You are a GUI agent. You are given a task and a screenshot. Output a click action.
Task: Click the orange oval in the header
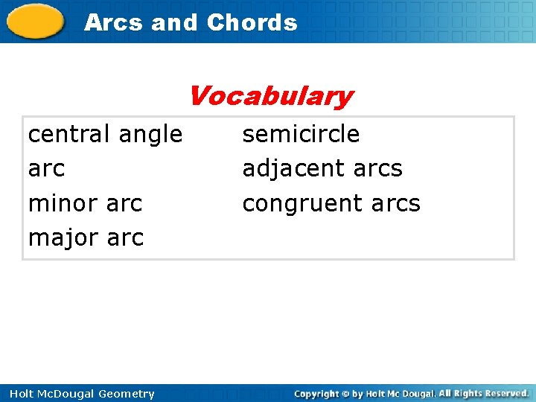tap(35, 21)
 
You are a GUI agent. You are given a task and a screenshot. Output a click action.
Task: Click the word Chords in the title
tap(252, 22)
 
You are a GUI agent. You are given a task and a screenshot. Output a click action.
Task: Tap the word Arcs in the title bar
tap(114, 22)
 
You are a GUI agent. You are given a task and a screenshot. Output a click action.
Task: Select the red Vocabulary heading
tap(270, 96)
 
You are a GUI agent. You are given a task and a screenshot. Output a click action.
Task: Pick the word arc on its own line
tap(46, 169)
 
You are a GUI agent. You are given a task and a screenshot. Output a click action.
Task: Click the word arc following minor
tap(125, 203)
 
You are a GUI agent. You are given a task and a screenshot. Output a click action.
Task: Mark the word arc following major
tap(125, 238)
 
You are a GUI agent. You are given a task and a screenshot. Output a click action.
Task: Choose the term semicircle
tap(301, 134)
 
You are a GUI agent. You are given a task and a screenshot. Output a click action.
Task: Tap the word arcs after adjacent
tap(377, 169)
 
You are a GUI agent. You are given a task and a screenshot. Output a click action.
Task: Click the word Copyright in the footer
tap(317, 393)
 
